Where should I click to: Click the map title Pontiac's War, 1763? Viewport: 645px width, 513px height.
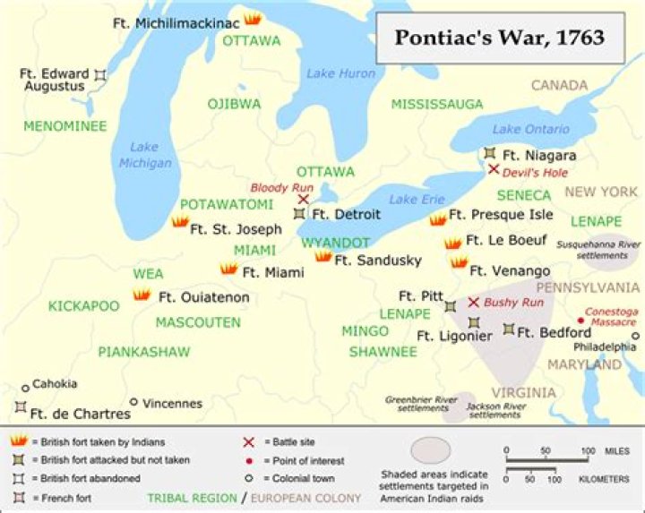[x=500, y=38]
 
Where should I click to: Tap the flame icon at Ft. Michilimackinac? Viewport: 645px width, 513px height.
[x=254, y=19]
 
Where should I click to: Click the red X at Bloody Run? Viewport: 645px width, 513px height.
[x=304, y=200]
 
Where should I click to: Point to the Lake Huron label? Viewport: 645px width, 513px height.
[x=340, y=73]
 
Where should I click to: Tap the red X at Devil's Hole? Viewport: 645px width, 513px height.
[x=493, y=169]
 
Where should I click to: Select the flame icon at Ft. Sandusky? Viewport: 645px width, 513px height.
[x=323, y=257]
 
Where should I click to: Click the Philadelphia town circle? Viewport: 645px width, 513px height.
[x=635, y=336]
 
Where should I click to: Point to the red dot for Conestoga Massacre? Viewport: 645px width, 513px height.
[x=581, y=321]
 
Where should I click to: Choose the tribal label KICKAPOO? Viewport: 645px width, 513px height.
[x=83, y=306]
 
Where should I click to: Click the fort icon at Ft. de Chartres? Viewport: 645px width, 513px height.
[x=20, y=407]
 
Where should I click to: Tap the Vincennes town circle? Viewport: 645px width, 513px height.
[x=133, y=402]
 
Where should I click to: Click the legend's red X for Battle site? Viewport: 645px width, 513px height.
[x=248, y=442]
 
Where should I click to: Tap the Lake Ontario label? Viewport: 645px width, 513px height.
[x=530, y=129]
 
